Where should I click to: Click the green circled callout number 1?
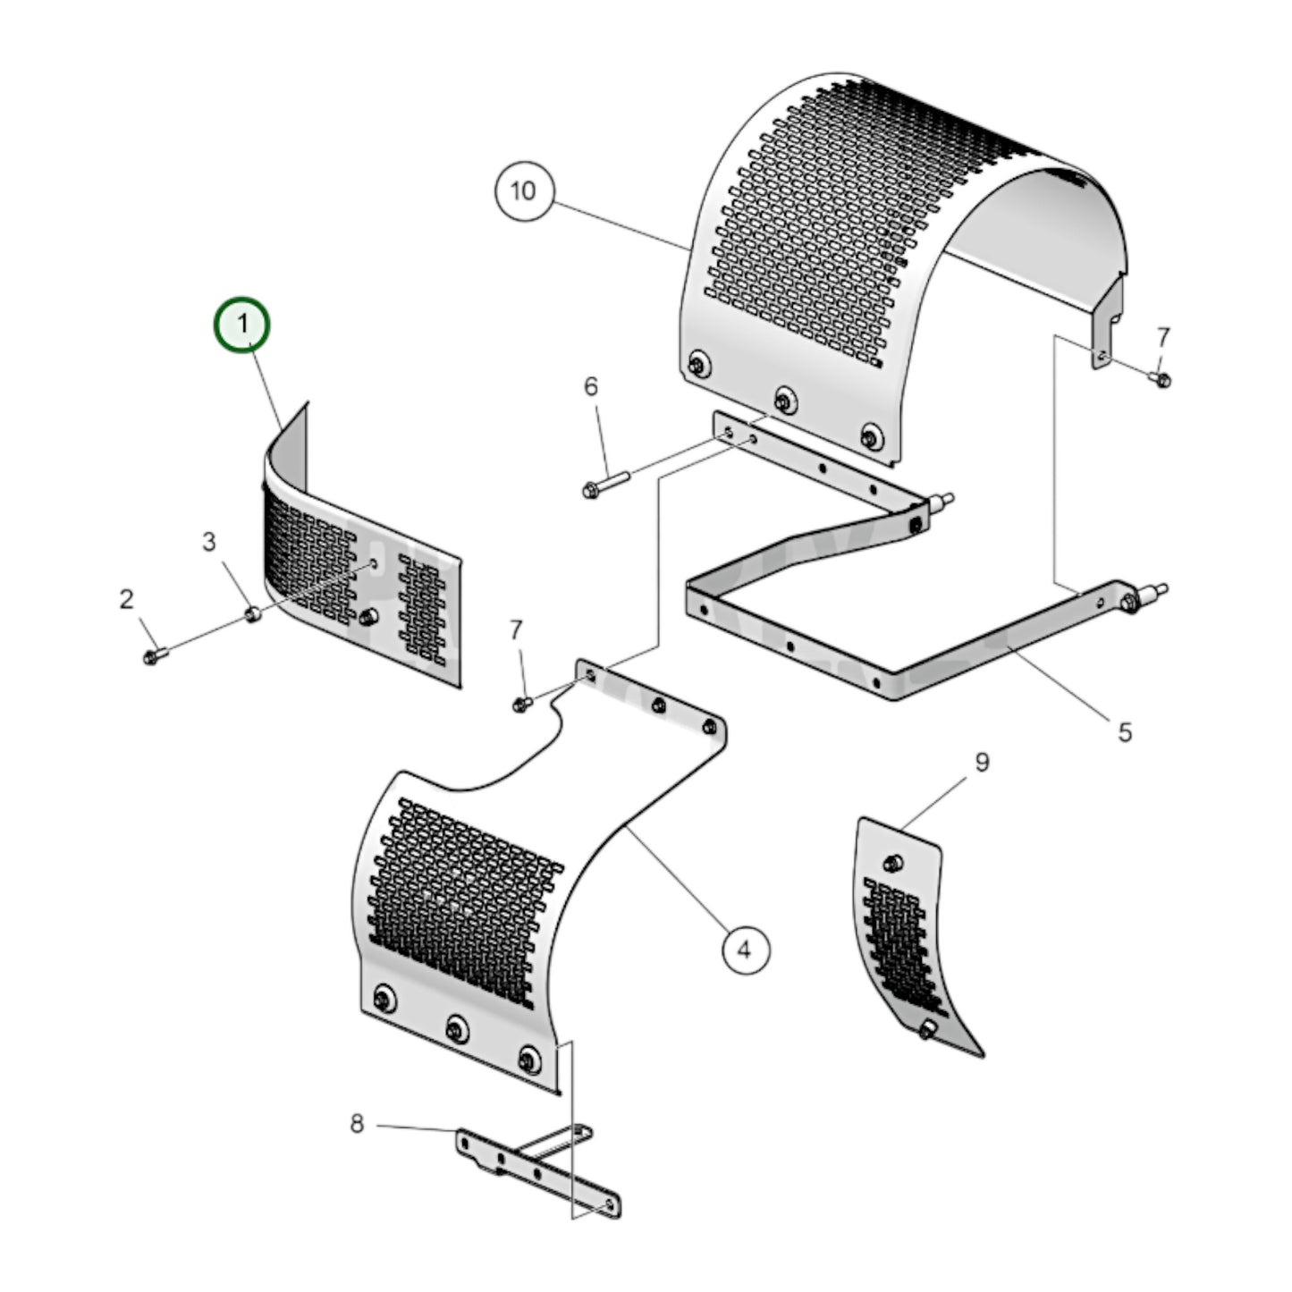(x=241, y=325)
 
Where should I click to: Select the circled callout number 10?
(x=524, y=190)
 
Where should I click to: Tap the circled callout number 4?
(x=745, y=950)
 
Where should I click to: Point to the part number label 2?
(x=127, y=598)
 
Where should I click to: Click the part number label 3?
(x=208, y=541)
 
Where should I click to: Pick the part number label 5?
(x=1125, y=731)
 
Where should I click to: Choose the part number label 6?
(x=591, y=386)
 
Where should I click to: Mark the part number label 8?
(x=357, y=1123)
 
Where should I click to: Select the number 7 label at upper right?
(x=1162, y=337)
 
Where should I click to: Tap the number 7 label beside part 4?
(x=516, y=630)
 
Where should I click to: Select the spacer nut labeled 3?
(x=253, y=614)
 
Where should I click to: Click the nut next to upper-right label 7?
(x=1161, y=380)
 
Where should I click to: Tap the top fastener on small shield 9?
(x=891, y=863)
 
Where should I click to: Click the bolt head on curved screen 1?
(x=368, y=617)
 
